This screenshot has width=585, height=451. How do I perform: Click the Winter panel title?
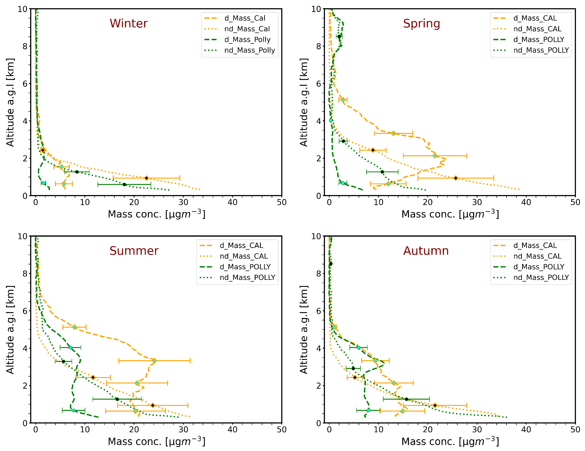point(129,23)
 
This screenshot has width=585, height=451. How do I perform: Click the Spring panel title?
point(422,23)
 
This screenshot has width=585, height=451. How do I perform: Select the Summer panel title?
point(134,251)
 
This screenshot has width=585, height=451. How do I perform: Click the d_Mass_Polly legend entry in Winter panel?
point(247,40)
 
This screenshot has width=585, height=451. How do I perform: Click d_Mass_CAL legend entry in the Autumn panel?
point(535,246)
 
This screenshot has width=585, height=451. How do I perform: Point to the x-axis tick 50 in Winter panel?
point(281,202)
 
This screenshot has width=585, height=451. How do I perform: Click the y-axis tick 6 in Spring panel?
point(318,84)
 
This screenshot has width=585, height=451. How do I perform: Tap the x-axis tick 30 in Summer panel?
point(183,430)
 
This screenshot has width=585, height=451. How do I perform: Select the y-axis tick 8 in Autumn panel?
point(318,274)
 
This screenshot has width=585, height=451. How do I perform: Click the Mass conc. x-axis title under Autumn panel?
point(450,442)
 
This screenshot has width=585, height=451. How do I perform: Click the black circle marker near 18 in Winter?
point(124,185)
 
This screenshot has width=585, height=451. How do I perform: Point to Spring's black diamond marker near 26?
point(456,178)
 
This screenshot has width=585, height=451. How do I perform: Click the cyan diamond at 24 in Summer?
point(154,361)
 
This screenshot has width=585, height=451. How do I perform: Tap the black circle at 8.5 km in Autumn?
point(331,264)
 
